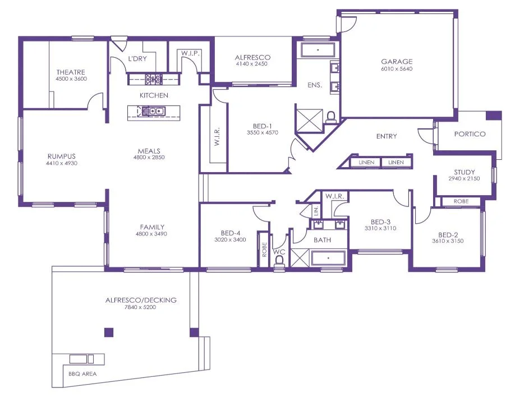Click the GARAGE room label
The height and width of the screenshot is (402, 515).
click(397, 62)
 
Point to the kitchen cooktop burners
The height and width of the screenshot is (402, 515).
click(153, 79)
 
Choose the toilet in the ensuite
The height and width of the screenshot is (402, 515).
click(331, 117)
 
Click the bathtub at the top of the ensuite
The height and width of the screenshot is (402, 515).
click(318, 50)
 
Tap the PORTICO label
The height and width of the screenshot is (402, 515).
click(470, 135)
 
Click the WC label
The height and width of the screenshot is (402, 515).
click(279, 252)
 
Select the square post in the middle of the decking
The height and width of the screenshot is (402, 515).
click(109, 332)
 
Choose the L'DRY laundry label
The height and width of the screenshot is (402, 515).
click(137, 58)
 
